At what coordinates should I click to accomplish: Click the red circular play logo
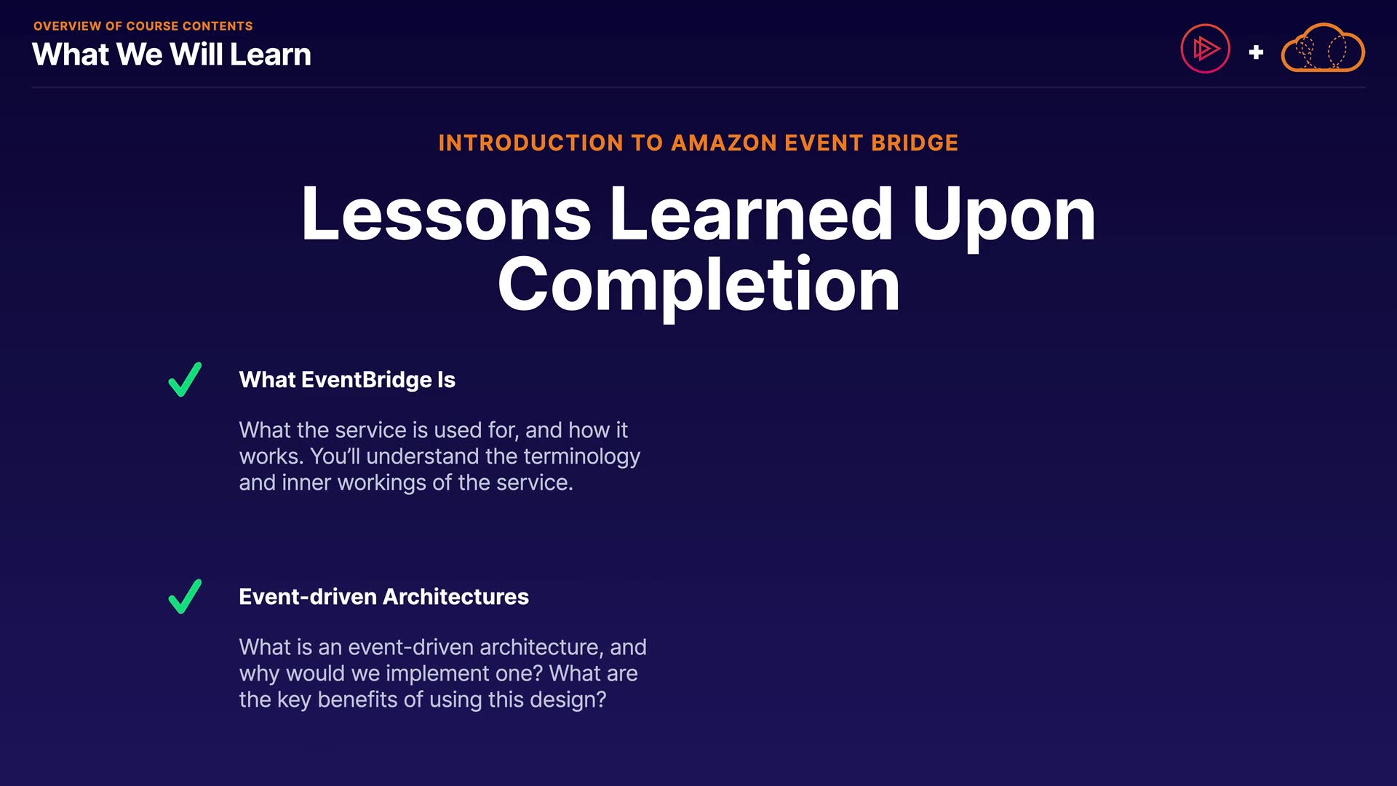1205,49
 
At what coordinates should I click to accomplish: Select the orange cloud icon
1323,48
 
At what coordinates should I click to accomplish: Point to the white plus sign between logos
1256,52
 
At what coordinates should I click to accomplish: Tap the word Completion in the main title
698,285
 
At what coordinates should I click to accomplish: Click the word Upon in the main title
1003,217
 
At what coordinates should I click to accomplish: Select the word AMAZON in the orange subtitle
724,143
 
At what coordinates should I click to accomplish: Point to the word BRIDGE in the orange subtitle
915,143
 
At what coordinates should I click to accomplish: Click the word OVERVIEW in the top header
68,26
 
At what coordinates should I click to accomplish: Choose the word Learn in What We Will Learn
271,55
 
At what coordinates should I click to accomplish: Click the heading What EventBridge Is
347,380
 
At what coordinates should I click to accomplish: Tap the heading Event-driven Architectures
383,597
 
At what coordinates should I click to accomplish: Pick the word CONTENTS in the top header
218,26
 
